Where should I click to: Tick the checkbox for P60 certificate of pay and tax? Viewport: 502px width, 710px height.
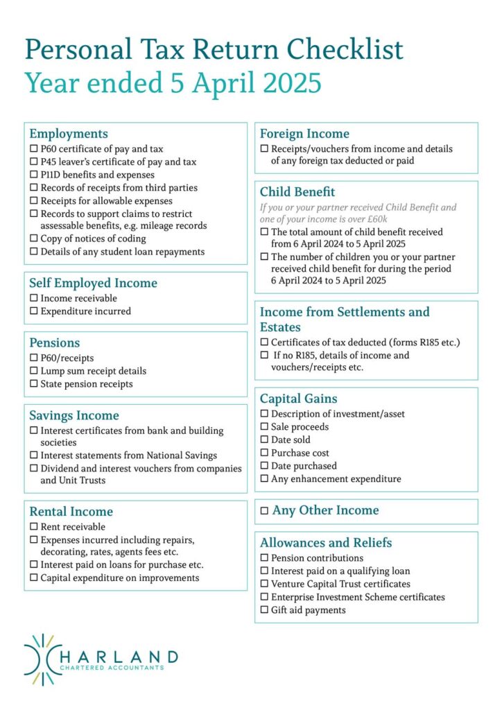(x=33, y=149)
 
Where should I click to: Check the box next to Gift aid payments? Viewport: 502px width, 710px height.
(x=264, y=610)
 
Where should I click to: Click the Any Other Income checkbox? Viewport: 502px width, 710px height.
(x=264, y=512)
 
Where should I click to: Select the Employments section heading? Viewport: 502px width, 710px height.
(x=69, y=134)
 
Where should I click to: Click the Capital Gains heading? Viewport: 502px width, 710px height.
(x=299, y=399)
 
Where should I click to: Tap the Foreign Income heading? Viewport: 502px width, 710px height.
(x=304, y=134)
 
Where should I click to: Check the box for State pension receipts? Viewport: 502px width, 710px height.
(x=33, y=384)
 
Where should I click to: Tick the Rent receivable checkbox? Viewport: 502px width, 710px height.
(x=33, y=527)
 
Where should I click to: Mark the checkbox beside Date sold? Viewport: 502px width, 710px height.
(x=264, y=440)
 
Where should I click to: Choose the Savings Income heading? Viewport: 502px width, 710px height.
(x=74, y=415)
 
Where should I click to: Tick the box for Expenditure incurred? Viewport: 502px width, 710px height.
(x=33, y=311)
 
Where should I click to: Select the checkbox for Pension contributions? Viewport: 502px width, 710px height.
(x=264, y=558)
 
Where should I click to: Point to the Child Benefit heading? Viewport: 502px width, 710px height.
(x=297, y=192)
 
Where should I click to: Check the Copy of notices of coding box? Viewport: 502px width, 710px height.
(x=33, y=239)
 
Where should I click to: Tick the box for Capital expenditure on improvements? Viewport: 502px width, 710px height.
(x=33, y=578)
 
